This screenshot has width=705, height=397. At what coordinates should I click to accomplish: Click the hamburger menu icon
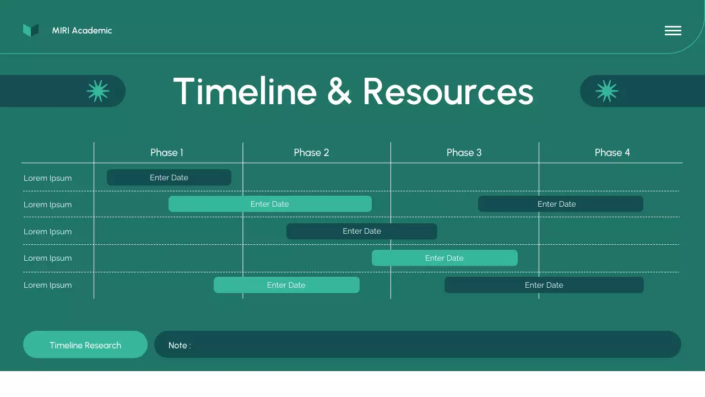[x=673, y=31]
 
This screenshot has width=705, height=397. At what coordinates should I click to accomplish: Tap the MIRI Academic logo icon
[x=31, y=30]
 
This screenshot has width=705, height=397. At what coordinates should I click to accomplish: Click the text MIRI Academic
[x=82, y=31]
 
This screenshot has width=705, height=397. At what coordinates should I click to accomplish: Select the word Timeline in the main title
[x=245, y=92]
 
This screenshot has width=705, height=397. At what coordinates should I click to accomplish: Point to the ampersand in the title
[x=339, y=92]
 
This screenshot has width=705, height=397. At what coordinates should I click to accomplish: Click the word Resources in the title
[x=448, y=92]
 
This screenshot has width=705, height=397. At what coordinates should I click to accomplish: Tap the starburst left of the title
[x=98, y=91]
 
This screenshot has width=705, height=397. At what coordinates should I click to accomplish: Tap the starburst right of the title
[x=606, y=91]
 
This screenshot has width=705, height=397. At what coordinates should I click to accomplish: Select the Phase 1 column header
[x=167, y=153]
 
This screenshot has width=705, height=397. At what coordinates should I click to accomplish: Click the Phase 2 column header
[x=311, y=153]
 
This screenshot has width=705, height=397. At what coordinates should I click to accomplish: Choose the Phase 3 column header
[x=464, y=153]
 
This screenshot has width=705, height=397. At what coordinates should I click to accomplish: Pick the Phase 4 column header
[x=612, y=153]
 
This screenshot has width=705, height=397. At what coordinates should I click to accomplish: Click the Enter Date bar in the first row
[x=169, y=178]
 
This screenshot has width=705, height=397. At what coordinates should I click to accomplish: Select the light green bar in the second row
[x=270, y=204]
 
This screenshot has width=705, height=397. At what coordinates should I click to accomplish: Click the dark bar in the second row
[x=560, y=204]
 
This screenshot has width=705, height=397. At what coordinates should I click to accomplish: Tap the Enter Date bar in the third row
[x=362, y=231]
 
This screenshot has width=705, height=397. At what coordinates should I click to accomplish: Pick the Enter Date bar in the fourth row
[x=444, y=258]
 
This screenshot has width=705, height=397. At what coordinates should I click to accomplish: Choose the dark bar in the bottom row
[x=544, y=285]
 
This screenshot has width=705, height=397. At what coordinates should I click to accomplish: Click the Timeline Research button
[x=85, y=345]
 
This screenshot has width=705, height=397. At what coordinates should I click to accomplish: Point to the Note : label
[x=180, y=346]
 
